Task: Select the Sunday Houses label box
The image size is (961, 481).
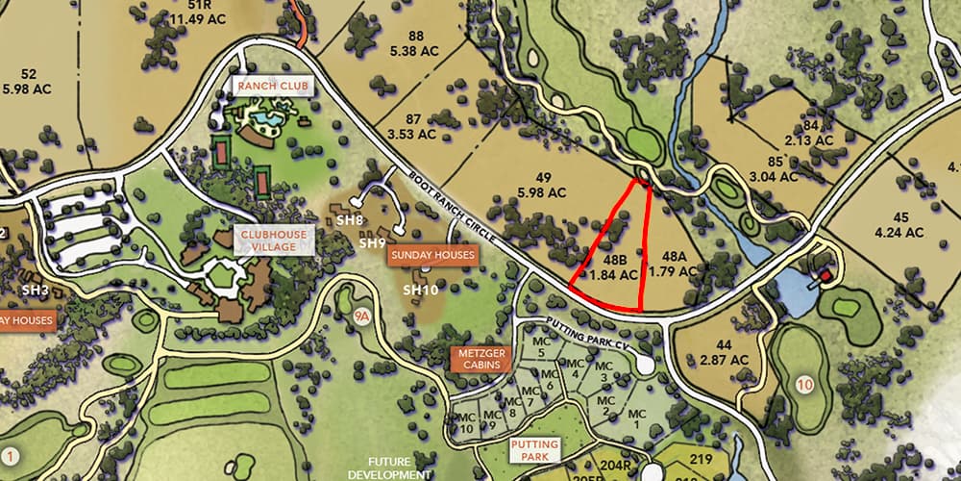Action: (431, 255)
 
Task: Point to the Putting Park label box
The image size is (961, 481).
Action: (535, 450)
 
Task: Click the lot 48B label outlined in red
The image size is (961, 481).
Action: (615, 267)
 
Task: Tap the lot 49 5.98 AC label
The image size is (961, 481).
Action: (543, 185)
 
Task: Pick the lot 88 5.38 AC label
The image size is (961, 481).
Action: (415, 44)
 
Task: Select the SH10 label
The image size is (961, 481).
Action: (420, 290)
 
